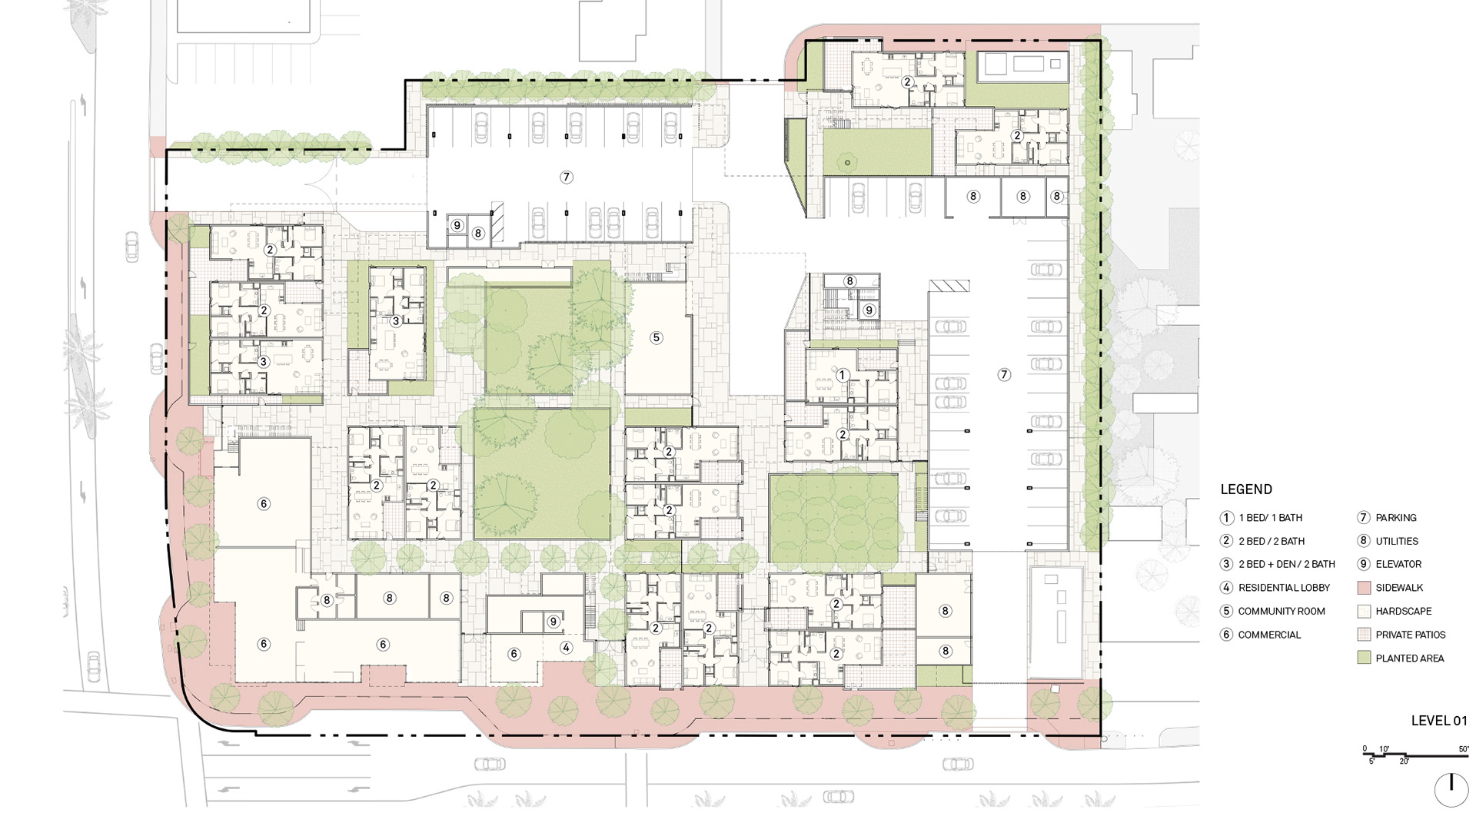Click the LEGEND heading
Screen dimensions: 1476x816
[x=1246, y=489]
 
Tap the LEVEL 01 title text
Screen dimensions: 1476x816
[x=1439, y=721]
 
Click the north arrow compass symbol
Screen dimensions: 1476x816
[x=1451, y=790]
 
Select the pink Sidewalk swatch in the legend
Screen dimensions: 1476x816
[x=1365, y=588]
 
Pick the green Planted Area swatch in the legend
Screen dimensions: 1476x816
[x=1365, y=658]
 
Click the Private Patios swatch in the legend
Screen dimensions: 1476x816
[x=1365, y=635]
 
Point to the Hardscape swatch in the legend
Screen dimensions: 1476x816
[x=1365, y=612]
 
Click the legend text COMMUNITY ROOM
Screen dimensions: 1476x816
[x=1282, y=612]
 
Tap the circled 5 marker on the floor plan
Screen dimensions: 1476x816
[x=656, y=337]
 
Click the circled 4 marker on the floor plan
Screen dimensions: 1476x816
[x=566, y=648]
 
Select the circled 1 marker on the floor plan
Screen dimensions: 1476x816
[x=843, y=376]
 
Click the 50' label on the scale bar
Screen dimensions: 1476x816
[x=1463, y=749]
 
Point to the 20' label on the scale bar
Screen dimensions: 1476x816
[x=1404, y=761]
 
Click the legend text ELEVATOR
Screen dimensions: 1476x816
[x=1398, y=564]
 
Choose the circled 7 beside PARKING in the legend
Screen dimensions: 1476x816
[x=1364, y=518]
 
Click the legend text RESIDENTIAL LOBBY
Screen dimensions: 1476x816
[x=1284, y=588]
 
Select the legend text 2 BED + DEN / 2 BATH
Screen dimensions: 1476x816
[x=1287, y=564]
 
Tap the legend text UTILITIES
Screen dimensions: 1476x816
[x=1397, y=541]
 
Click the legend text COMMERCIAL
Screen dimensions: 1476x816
[x=1269, y=635]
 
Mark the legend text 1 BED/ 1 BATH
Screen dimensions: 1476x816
[x=1271, y=518]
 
